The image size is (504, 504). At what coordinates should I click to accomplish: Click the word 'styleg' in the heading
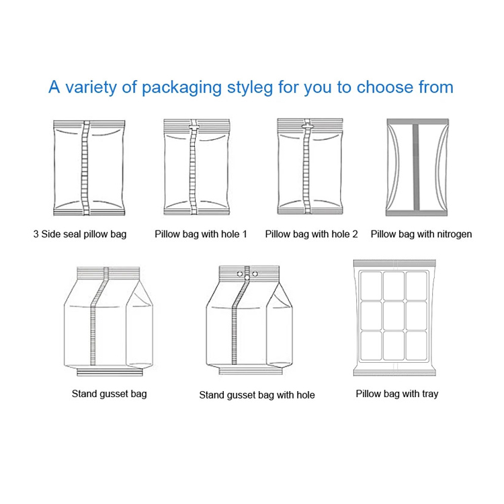250,87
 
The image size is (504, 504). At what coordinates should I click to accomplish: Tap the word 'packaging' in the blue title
181,87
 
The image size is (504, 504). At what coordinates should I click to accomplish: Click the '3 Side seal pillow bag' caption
80,234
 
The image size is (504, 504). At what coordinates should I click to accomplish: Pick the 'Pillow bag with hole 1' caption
201,234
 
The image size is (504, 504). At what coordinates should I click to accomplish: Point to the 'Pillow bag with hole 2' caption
311,234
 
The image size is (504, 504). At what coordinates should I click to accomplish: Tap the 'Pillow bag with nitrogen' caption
421,234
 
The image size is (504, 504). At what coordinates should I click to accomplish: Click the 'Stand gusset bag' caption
110,394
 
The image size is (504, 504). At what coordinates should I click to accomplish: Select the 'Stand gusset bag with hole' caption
257,394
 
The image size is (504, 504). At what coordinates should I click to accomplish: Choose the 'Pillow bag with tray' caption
397,394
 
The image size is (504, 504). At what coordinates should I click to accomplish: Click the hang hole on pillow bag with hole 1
194,127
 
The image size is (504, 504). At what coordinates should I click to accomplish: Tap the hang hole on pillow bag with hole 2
307,126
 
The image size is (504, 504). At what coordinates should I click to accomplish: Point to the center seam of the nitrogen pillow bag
415,167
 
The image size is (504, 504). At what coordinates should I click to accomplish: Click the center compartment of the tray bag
394,316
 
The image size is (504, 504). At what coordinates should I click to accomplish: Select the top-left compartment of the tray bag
371,286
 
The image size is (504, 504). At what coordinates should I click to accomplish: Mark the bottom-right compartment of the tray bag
416,345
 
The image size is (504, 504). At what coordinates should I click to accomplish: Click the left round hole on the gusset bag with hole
240,274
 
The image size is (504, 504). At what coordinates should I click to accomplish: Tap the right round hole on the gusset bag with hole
255,274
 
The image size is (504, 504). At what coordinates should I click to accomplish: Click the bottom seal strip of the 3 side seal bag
89,212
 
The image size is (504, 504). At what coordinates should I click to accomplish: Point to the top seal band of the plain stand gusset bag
108,273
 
